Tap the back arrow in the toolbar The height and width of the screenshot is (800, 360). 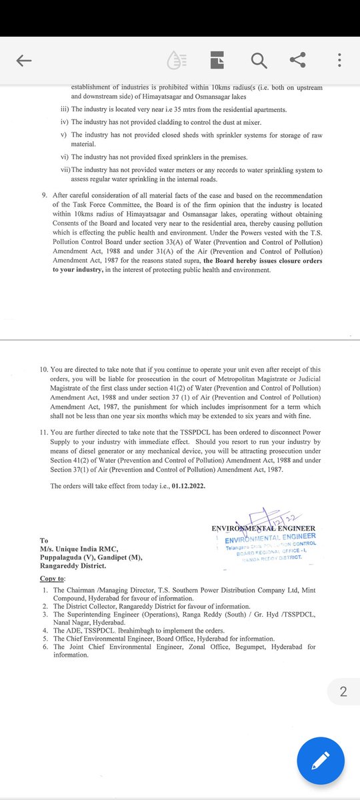[24, 61]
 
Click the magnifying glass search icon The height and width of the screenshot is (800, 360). [258, 61]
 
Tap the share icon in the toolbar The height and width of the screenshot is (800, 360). [298, 61]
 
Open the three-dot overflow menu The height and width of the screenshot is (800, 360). [339, 61]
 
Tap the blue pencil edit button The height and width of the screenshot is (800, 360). [321, 760]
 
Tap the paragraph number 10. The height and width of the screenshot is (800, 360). [45, 369]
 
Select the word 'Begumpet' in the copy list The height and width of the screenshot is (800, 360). [247, 647]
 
